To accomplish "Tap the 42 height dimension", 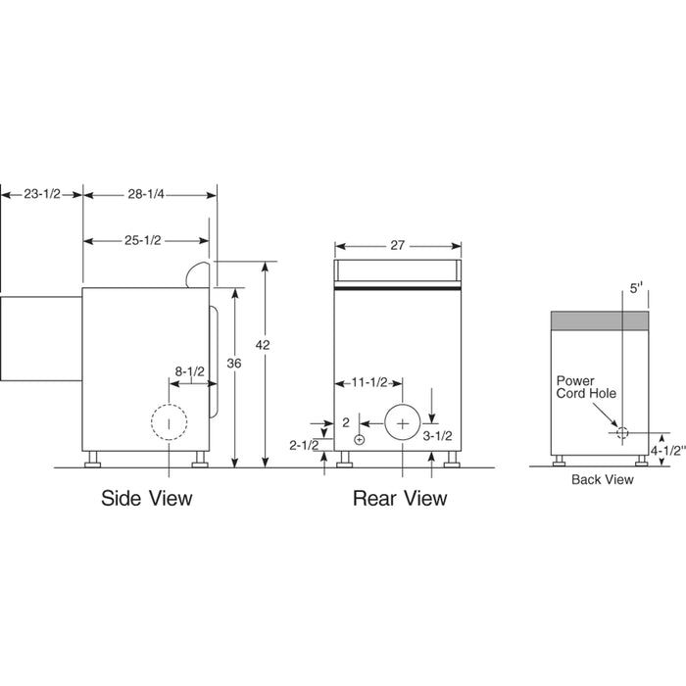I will click(x=261, y=345).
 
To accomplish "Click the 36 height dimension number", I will click(x=233, y=363).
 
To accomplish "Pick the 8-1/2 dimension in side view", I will click(x=190, y=371).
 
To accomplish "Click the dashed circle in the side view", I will click(x=169, y=423).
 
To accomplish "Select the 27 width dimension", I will click(x=397, y=246).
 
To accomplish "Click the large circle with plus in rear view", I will click(x=402, y=422).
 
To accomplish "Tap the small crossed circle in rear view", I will click(x=360, y=440).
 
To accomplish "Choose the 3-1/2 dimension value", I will click(x=436, y=439).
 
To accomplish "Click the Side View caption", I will click(x=147, y=498).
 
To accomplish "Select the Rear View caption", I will click(x=400, y=498).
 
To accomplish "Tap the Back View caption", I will click(x=603, y=480).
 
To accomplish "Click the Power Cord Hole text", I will click(x=582, y=388).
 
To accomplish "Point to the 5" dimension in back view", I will click(x=636, y=289).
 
